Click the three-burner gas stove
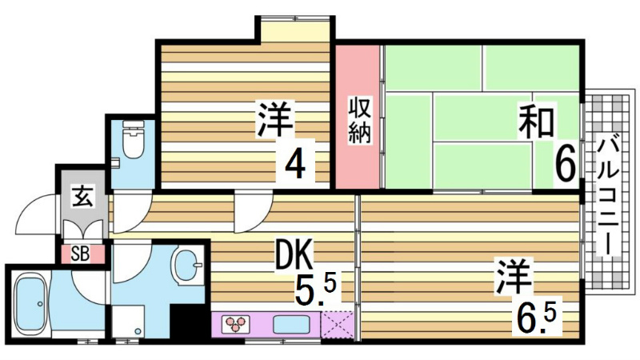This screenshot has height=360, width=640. click(237, 324)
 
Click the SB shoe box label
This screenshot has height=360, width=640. click(80, 254)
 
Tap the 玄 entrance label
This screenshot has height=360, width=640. click(82, 194)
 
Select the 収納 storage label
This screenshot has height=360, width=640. click(358, 120)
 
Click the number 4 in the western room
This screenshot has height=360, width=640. click(295, 165)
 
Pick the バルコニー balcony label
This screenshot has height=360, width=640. click(606, 196)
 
